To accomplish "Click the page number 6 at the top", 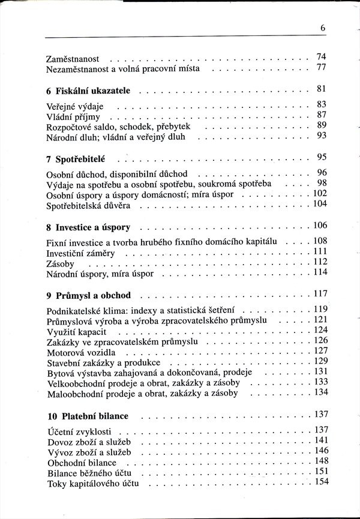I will click(322, 27).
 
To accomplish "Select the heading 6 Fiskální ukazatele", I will click(92, 91).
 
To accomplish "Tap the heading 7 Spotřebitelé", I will click(79, 160).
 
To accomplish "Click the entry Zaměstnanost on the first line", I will click(73, 59).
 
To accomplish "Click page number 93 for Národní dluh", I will click(321, 136).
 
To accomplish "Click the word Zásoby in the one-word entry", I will click(61, 264).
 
